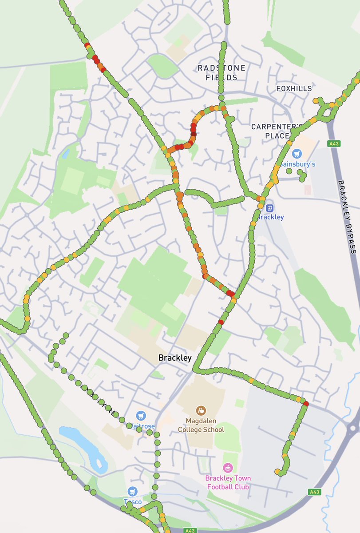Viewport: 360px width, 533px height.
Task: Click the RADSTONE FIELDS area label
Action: point(222,72)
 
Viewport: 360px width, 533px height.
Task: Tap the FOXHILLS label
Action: point(294,88)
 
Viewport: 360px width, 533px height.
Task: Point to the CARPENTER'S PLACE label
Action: point(277,131)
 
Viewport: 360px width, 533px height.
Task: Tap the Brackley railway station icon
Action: point(269,208)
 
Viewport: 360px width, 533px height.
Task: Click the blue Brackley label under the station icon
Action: point(270,217)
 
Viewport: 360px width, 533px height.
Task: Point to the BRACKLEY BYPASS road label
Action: point(347,217)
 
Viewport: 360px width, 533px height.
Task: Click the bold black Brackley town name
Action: point(175,358)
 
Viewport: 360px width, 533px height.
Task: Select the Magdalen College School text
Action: point(201,426)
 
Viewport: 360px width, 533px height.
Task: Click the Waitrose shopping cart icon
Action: point(141,416)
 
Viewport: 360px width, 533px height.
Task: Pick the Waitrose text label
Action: point(142,426)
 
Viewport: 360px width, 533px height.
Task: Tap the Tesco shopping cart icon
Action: point(132,491)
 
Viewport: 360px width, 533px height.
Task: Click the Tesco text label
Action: point(133,502)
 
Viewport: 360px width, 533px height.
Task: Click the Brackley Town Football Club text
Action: point(228,482)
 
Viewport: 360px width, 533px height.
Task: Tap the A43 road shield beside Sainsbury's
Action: point(333,143)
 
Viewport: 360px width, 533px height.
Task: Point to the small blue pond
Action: point(66,154)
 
